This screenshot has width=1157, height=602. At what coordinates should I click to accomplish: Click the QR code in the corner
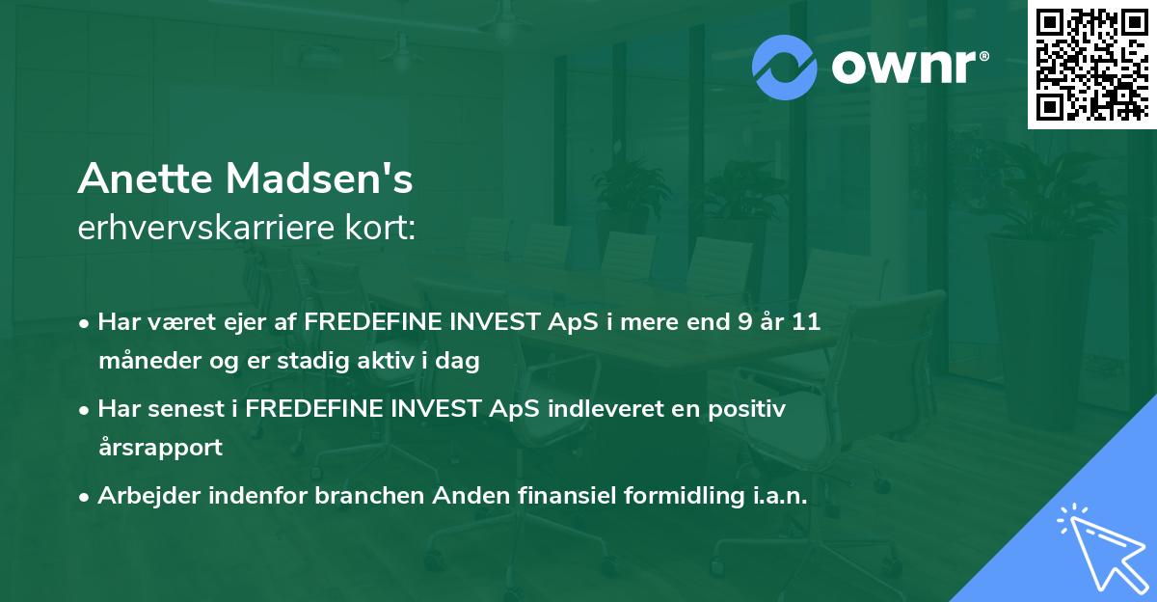pos(1091,64)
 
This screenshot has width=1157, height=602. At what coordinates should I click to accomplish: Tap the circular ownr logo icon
pos(785,67)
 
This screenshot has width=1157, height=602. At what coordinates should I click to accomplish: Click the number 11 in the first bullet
pos(805,322)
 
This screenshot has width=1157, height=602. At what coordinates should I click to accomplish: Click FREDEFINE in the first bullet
pos(371,322)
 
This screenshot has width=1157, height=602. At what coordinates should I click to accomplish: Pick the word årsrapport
pos(160,448)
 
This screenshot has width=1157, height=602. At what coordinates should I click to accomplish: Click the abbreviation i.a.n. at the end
pos(776,496)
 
